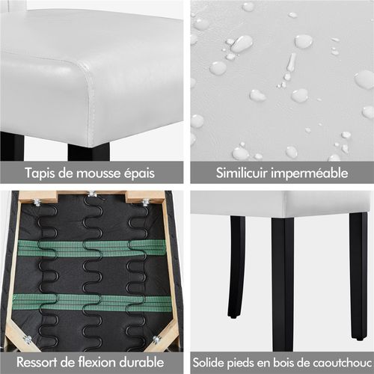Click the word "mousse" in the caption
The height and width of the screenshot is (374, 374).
click(98, 173)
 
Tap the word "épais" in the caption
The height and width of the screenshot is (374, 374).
click(139, 173)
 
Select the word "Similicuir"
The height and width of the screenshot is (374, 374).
click(242, 173)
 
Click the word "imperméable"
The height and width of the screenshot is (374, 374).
click(310, 174)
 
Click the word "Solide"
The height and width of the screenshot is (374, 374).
click(208, 363)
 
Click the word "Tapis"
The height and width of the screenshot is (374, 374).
click(40, 173)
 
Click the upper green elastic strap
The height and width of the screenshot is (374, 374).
click(92, 248)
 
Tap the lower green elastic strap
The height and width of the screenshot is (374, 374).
click(92, 302)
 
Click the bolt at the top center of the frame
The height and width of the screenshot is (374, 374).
click(92, 194)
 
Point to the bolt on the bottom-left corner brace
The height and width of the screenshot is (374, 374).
click(28, 340)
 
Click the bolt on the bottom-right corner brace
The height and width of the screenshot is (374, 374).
click(156, 339)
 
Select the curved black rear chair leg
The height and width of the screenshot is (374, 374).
click(236, 267)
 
